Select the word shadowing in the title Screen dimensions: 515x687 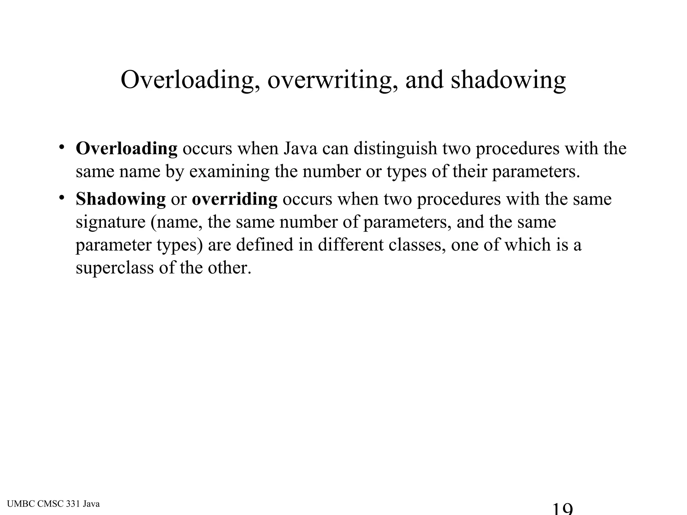pyautogui.click(x=508, y=80)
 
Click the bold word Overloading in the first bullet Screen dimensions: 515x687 pyautogui.click(x=126, y=149)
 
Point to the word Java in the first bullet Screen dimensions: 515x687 pyautogui.click(x=300, y=149)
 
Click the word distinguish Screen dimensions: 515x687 pyautogui.click(x=395, y=149)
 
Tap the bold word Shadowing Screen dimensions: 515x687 pyautogui.click(x=121, y=199)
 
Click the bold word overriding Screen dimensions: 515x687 pyautogui.click(x=234, y=199)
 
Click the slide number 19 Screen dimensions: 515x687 pyautogui.click(x=562, y=509)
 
